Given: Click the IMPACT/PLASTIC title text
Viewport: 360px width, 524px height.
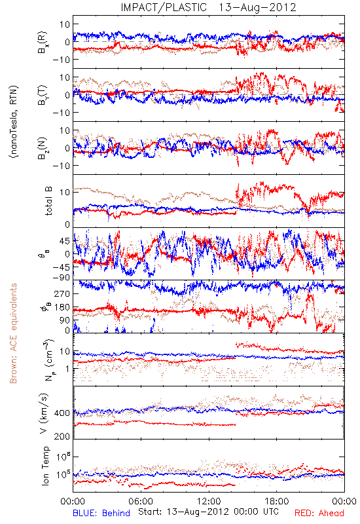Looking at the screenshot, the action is tap(164, 7).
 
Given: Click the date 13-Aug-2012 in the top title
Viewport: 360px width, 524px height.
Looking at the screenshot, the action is tap(257, 7).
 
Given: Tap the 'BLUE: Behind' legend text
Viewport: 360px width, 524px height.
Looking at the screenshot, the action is tap(101, 513).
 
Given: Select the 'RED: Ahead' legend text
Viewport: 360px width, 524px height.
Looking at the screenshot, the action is tap(319, 513).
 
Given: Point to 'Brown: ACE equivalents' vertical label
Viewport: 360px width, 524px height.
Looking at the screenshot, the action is tap(13, 333).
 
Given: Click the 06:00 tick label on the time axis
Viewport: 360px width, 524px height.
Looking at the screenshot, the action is tap(141, 501).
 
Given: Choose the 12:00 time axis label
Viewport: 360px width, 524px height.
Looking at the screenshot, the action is tap(209, 501).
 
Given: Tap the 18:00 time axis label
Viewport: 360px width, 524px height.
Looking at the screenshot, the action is tap(277, 501).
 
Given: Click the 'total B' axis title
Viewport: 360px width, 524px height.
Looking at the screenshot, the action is tap(48, 201).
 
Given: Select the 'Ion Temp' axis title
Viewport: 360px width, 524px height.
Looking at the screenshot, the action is tap(46, 466).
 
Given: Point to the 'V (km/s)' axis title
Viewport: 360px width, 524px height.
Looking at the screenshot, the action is tap(44, 413).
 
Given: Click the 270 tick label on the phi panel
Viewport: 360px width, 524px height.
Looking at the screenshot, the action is tap(62, 293).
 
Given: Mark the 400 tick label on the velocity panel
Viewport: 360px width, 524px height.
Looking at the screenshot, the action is tap(62, 413).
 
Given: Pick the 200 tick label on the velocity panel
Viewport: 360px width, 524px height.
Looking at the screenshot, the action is tap(62, 436).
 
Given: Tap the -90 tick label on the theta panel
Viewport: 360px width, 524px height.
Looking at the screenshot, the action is tap(62, 277).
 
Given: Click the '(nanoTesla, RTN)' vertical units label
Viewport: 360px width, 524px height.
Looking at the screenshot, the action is tap(14, 122).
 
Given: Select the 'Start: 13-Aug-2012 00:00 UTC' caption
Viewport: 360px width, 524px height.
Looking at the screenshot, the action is tap(208, 512).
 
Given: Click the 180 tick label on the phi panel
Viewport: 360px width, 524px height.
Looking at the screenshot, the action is tap(62, 307).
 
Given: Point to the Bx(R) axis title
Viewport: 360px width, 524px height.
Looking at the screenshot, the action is tap(43, 42).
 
